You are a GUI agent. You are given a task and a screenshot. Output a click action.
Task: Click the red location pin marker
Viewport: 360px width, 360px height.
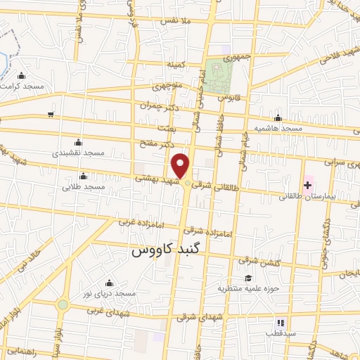coord(181,166)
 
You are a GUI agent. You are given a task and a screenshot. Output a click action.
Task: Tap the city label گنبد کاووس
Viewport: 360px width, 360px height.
coord(163,250)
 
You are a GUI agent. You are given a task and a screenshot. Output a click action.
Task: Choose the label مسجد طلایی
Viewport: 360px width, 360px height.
coord(84,186)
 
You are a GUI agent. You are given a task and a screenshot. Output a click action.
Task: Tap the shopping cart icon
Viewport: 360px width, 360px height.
coord(50,115)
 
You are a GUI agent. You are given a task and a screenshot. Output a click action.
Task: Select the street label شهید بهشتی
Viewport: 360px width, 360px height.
coord(154,180)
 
